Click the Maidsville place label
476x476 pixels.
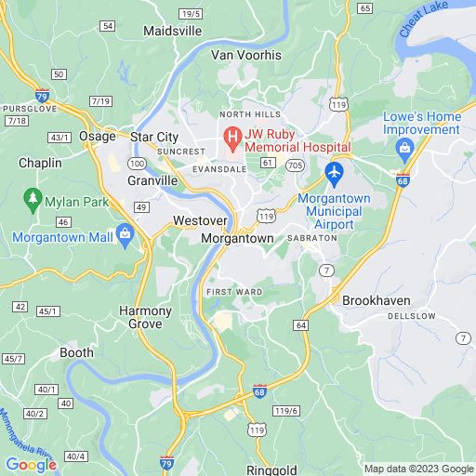[x=173, y=31]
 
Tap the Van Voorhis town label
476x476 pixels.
[x=246, y=55]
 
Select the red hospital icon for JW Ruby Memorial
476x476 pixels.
[x=231, y=141]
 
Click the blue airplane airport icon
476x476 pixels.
[x=335, y=173]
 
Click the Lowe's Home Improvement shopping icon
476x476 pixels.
[x=404, y=150]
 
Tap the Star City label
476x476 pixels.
[x=153, y=137]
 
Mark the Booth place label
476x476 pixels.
[x=77, y=352]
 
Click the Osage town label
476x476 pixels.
[x=97, y=136]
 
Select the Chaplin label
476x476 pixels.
[x=40, y=163]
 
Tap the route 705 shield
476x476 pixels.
[x=295, y=165]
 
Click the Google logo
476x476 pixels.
[x=31, y=464]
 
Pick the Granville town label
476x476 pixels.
[x=152, y=180]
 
